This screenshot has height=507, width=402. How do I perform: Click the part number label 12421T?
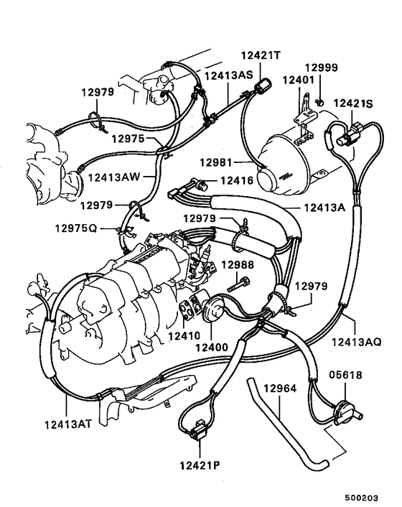pos(261,55)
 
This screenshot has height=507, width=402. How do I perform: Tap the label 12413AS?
pos(228,74)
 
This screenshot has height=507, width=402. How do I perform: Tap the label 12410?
pos(184,335)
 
